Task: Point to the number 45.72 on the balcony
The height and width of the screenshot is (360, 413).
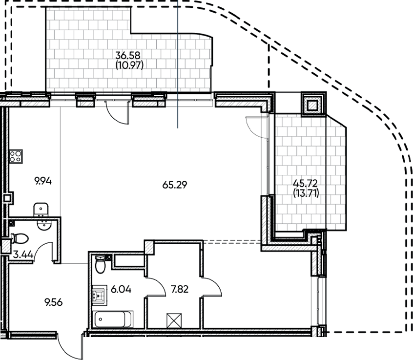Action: [305, 184]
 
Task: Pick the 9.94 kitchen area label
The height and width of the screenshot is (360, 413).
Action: [43, 181]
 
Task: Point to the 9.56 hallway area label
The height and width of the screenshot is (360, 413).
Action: [54, 302]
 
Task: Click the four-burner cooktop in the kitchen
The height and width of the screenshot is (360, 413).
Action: [15, 156]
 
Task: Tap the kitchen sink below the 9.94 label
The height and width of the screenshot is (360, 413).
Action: [41, 210]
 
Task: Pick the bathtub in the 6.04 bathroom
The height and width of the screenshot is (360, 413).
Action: [112, 319]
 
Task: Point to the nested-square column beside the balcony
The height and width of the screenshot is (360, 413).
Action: [312, 104]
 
